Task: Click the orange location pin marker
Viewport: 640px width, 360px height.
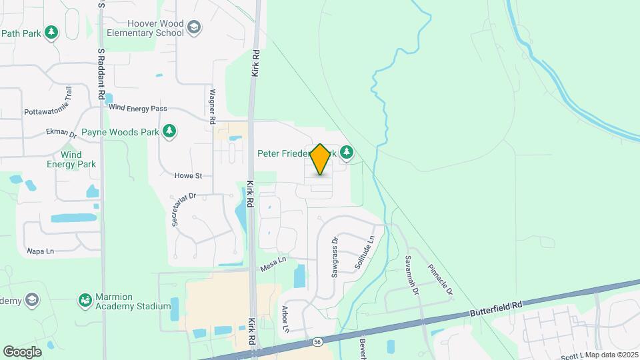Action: (x=321, y=159)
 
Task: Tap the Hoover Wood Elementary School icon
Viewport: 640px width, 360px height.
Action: (x=194, y=27)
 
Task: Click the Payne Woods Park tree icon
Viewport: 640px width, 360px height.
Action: (x=169, y=131)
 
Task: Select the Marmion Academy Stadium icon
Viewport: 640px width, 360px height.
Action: (x=85, y=301)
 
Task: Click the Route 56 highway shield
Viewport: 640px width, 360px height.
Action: (x=317, y=342)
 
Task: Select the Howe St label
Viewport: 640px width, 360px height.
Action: (x=188, y=176)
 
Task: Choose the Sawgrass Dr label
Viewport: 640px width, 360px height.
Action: (x=335, y=257)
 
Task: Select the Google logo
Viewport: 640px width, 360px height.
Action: (x=22, y=351)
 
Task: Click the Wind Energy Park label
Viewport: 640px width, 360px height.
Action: (x=71, y=159)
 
